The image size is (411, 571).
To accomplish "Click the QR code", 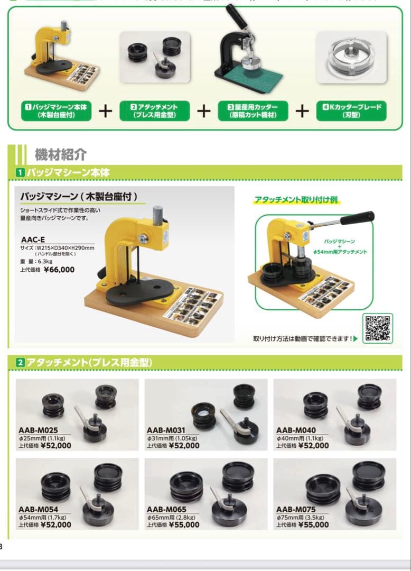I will (377, 328).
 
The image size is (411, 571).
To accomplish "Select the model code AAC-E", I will (33, 240).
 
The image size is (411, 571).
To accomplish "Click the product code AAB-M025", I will (39, 430).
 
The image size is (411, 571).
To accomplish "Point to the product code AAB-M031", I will (167, 430).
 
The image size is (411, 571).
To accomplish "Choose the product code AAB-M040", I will (296, 430).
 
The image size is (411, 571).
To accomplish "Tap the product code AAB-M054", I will (39, 509).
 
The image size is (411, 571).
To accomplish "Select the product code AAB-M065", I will (167, 509).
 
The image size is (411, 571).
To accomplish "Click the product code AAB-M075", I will (296, 509).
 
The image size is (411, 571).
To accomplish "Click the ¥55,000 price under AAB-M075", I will (313, 525).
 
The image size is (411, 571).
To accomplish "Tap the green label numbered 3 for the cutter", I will (253, 110).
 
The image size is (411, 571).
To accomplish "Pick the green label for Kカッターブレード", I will (351, 110).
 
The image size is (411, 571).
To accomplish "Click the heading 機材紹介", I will (60, 155).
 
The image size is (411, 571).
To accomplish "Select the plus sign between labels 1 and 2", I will (106, 111).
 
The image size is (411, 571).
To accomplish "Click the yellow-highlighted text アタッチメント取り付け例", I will (296, 200).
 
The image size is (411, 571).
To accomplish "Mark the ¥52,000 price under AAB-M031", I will (184, 446).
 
